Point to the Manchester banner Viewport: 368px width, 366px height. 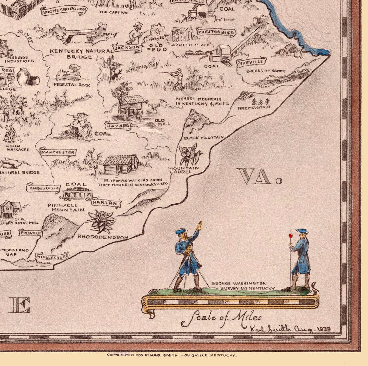(x=58, y=152)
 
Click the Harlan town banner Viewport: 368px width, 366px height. (x=106, y=203)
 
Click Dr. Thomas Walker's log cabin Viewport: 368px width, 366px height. (x=120, y=164)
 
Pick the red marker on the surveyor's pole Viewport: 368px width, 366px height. (x=291, y=236)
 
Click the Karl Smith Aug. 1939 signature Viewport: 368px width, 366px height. (x=291, y=329)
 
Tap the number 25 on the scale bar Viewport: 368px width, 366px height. (x=227, y=302)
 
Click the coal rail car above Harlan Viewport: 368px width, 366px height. (x=77, y=194)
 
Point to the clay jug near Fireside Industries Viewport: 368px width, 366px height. (x=23, y=76)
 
